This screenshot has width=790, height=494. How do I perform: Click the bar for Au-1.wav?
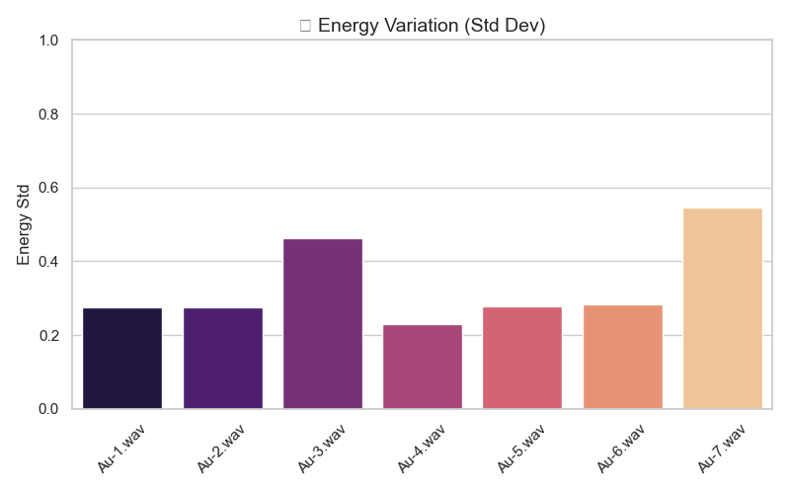(122, 359)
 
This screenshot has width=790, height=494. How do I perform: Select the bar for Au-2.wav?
(222, 359)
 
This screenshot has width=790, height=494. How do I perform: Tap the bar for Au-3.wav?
(323, 324)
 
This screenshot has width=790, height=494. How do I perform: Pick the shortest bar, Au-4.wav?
(423, 367)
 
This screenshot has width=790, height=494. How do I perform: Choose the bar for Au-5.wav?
(522, 358)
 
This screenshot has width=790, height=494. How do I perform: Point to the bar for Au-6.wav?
(623, 357)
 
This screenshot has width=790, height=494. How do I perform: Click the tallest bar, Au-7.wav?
(723, 308)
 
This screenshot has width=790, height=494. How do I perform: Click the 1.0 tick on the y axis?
(48, 41)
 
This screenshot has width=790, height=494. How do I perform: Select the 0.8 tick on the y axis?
(48, 115)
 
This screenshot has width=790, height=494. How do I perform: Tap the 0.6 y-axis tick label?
(48, 188)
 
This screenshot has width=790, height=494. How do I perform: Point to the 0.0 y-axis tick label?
(48, 409)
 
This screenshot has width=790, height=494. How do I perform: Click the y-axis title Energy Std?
(24, 224)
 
